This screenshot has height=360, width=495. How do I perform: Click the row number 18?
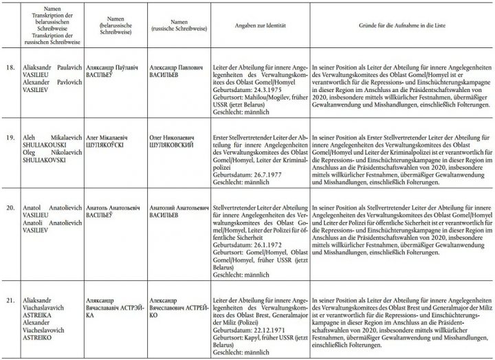tap(9, 69)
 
